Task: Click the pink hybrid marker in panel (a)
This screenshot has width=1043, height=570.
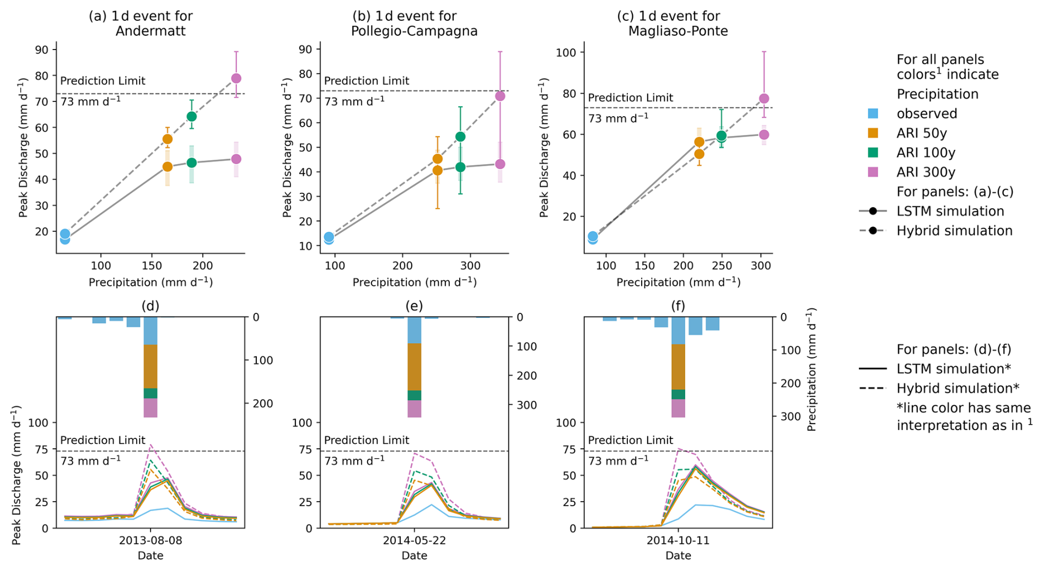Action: (236, 79)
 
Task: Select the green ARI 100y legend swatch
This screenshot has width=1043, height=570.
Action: (873, 153)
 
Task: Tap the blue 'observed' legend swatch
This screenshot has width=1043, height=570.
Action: (873, 113)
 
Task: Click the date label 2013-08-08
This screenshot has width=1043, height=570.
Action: (150, 540)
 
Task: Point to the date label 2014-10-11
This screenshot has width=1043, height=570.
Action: (678, 540)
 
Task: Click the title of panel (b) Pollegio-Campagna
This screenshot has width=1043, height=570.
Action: (414, 24)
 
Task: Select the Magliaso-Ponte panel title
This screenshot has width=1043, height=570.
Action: (678, 24)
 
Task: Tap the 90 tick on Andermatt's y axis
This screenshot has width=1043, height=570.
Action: (42, 50)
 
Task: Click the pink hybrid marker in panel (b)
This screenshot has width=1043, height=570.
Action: (500, 96)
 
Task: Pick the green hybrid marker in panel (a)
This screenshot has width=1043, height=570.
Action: (191, 117)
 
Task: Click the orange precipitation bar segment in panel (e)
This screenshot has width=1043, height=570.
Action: (414, 367)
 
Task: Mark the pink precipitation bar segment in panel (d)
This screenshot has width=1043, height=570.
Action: (150, 408)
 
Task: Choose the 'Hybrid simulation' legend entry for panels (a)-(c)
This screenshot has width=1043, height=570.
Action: (954, 231)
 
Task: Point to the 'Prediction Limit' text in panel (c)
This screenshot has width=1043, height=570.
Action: (630, 98)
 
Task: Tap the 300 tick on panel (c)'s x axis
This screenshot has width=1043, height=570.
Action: (761, 266)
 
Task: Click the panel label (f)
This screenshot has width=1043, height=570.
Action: (678, 306)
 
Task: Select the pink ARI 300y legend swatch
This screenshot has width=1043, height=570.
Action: (873, 172)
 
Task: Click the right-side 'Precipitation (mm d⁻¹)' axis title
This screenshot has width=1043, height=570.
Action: (811, 369)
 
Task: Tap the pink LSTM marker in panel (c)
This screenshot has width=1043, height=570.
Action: (764, 135)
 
